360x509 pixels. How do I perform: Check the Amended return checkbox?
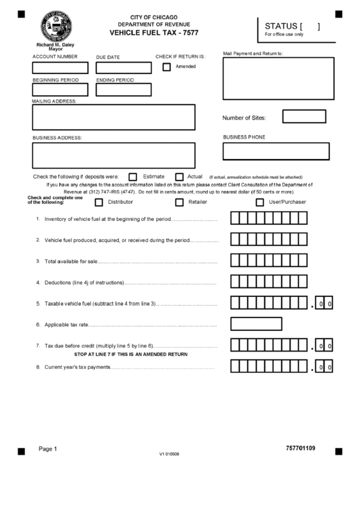tap(166, 67)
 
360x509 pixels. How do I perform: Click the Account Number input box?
tap(60, 68)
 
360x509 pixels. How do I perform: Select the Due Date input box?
tap(124, 68)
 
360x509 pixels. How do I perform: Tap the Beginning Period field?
tap(60, 90)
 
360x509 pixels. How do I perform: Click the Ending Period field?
tap(124, 90)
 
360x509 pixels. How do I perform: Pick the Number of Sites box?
tap(304, 117)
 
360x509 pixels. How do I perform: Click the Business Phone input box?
tap(276, 151)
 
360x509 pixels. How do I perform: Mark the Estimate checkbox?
tap(133, 177)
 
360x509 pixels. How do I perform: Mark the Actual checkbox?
tap(179, 177)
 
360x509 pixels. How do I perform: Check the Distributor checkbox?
tap(99, 202)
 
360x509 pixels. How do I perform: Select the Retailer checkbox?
tap(179, 202)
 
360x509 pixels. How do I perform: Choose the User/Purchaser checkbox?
tap(259, 202)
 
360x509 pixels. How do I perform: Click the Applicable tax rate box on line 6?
tap(256, 323)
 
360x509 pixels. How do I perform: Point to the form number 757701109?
tap(301, 449)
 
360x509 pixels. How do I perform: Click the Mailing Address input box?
tap(113, 117)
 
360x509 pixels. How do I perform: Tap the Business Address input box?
tap(113, 155)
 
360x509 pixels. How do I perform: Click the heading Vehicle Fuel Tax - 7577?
tap(155, 32)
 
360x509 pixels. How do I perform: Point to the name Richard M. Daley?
tap(56, 45)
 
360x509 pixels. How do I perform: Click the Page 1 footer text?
tap(48, 449)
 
